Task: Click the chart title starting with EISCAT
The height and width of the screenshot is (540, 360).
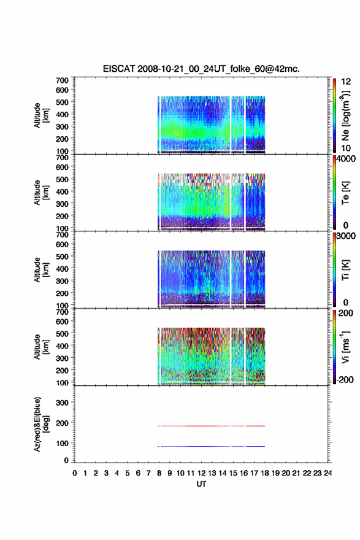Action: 201,69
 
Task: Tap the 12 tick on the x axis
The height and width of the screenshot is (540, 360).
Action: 201,473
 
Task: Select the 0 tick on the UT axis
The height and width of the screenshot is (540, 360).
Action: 75,473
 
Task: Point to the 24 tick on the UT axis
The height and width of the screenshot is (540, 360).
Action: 327,473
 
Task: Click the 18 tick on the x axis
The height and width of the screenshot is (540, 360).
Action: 265,473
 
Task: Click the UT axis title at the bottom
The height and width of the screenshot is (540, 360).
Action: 201,484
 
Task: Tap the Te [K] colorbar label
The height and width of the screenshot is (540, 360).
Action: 345,193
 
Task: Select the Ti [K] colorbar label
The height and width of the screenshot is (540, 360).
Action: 345,269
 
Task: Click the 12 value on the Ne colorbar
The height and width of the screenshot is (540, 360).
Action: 346,82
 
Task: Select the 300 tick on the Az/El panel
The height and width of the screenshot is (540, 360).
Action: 62,403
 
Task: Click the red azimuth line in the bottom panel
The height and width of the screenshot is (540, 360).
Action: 212,426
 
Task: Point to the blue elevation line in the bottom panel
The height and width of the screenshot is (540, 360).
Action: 212,446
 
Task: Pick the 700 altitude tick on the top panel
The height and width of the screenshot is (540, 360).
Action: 62,80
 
